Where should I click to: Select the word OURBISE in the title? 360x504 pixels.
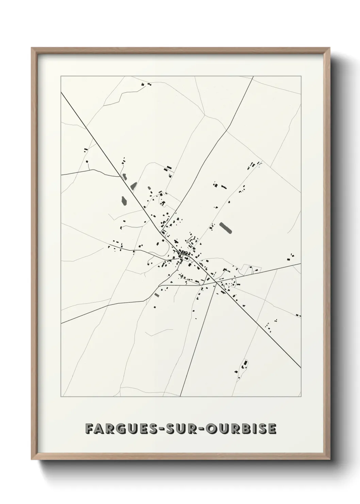239,429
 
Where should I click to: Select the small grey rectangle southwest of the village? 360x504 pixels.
157,295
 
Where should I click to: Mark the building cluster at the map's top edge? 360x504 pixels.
146,84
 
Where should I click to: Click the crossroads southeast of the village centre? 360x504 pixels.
216,282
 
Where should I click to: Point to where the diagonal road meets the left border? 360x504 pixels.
61,92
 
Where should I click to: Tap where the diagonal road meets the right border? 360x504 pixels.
301,368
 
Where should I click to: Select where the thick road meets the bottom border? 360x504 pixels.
180,397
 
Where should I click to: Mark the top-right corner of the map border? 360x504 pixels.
301,77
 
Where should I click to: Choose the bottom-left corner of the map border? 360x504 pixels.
61,397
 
